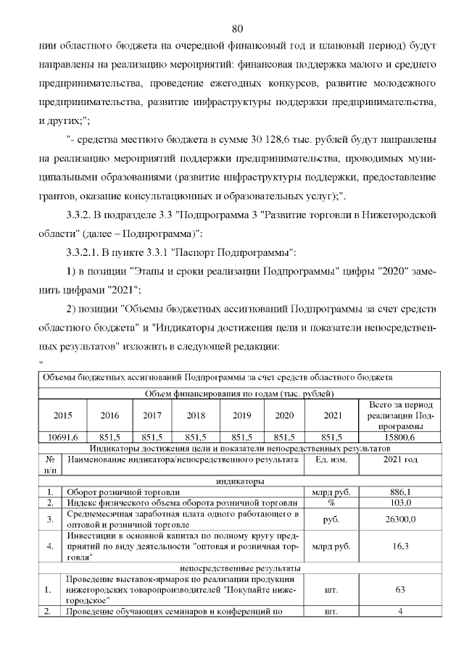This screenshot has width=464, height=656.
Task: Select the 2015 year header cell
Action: (x=63, y=416)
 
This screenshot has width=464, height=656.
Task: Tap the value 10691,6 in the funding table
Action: (x=63, y=437)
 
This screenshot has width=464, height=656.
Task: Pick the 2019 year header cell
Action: (x=241, y=416)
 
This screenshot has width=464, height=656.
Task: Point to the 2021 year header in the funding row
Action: (x=331, y=416)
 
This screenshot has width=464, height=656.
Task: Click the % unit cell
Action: (x=331, y=502)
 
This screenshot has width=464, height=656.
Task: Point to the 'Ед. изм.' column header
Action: (x=331, y=460)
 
